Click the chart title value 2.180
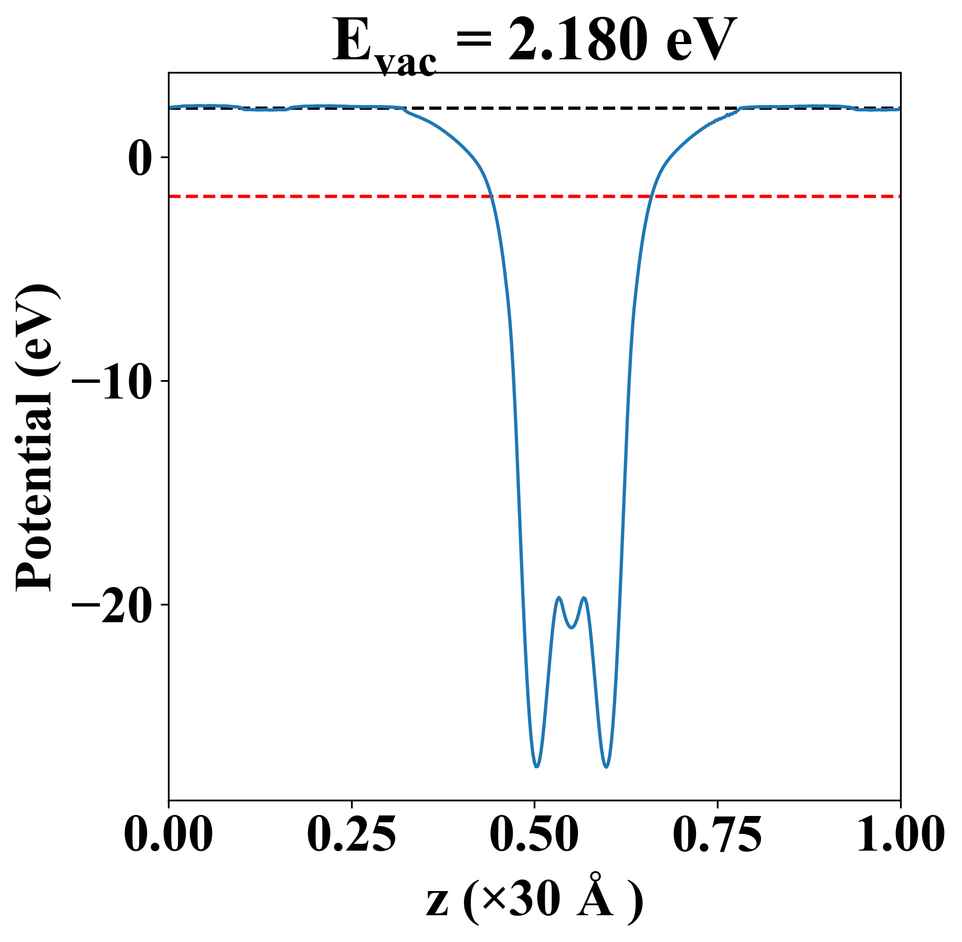575,41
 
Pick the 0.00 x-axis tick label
168,835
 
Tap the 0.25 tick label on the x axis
351,835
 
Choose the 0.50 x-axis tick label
534,835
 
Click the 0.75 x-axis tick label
717,835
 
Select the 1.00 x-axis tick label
900,835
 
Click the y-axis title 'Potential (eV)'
35,438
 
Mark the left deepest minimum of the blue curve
536,767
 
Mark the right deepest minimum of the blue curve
607,767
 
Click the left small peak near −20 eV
559,598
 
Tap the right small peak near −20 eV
584,598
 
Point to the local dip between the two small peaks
572,627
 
